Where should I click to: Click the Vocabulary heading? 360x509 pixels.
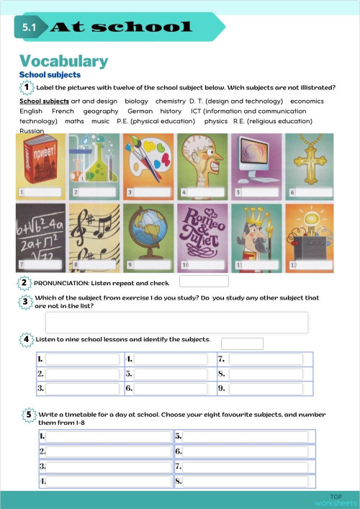[63, 61]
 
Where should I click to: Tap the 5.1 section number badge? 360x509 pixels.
[30, 27]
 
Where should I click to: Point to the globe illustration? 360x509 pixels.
[148, 232]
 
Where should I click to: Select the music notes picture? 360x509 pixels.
[94, 232]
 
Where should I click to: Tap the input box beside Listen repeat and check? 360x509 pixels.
[204, 281]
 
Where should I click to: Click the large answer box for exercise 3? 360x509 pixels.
[176, 322]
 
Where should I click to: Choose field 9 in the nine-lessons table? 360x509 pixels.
[266, 389]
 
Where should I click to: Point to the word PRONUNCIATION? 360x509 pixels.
[62, 283]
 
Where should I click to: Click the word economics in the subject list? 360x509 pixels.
[307, 102]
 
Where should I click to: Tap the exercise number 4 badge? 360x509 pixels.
[27, 339]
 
